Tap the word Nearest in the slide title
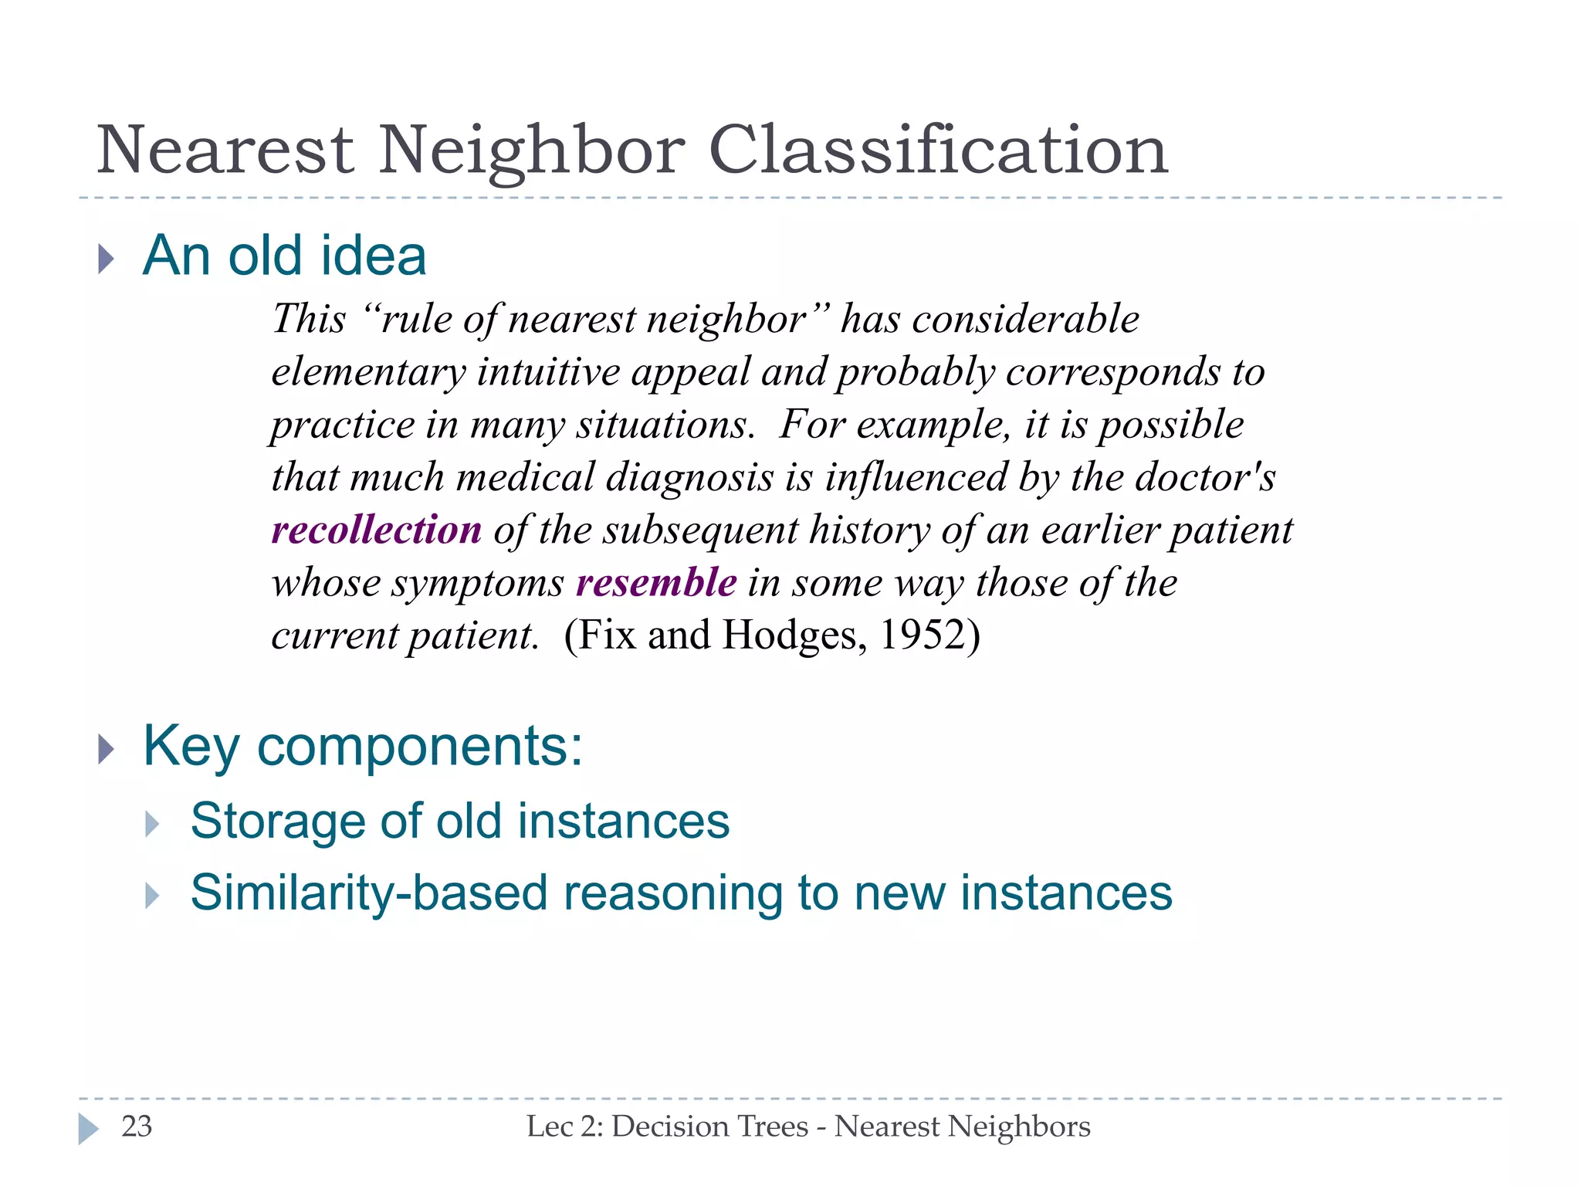click(x=225, y=150)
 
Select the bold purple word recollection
click(x=377, y=530)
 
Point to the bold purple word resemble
click(x=656, y=583)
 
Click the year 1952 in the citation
click(x=923, y=635)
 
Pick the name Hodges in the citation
click(x=789, y=635)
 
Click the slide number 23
click(x=137, y=1127)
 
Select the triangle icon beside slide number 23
click(x=89, y=1129)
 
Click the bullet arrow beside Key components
click(x=107, y=749)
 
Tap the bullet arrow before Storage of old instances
click(x=152, y=825)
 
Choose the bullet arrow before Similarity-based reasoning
click(x=152, y=896)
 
